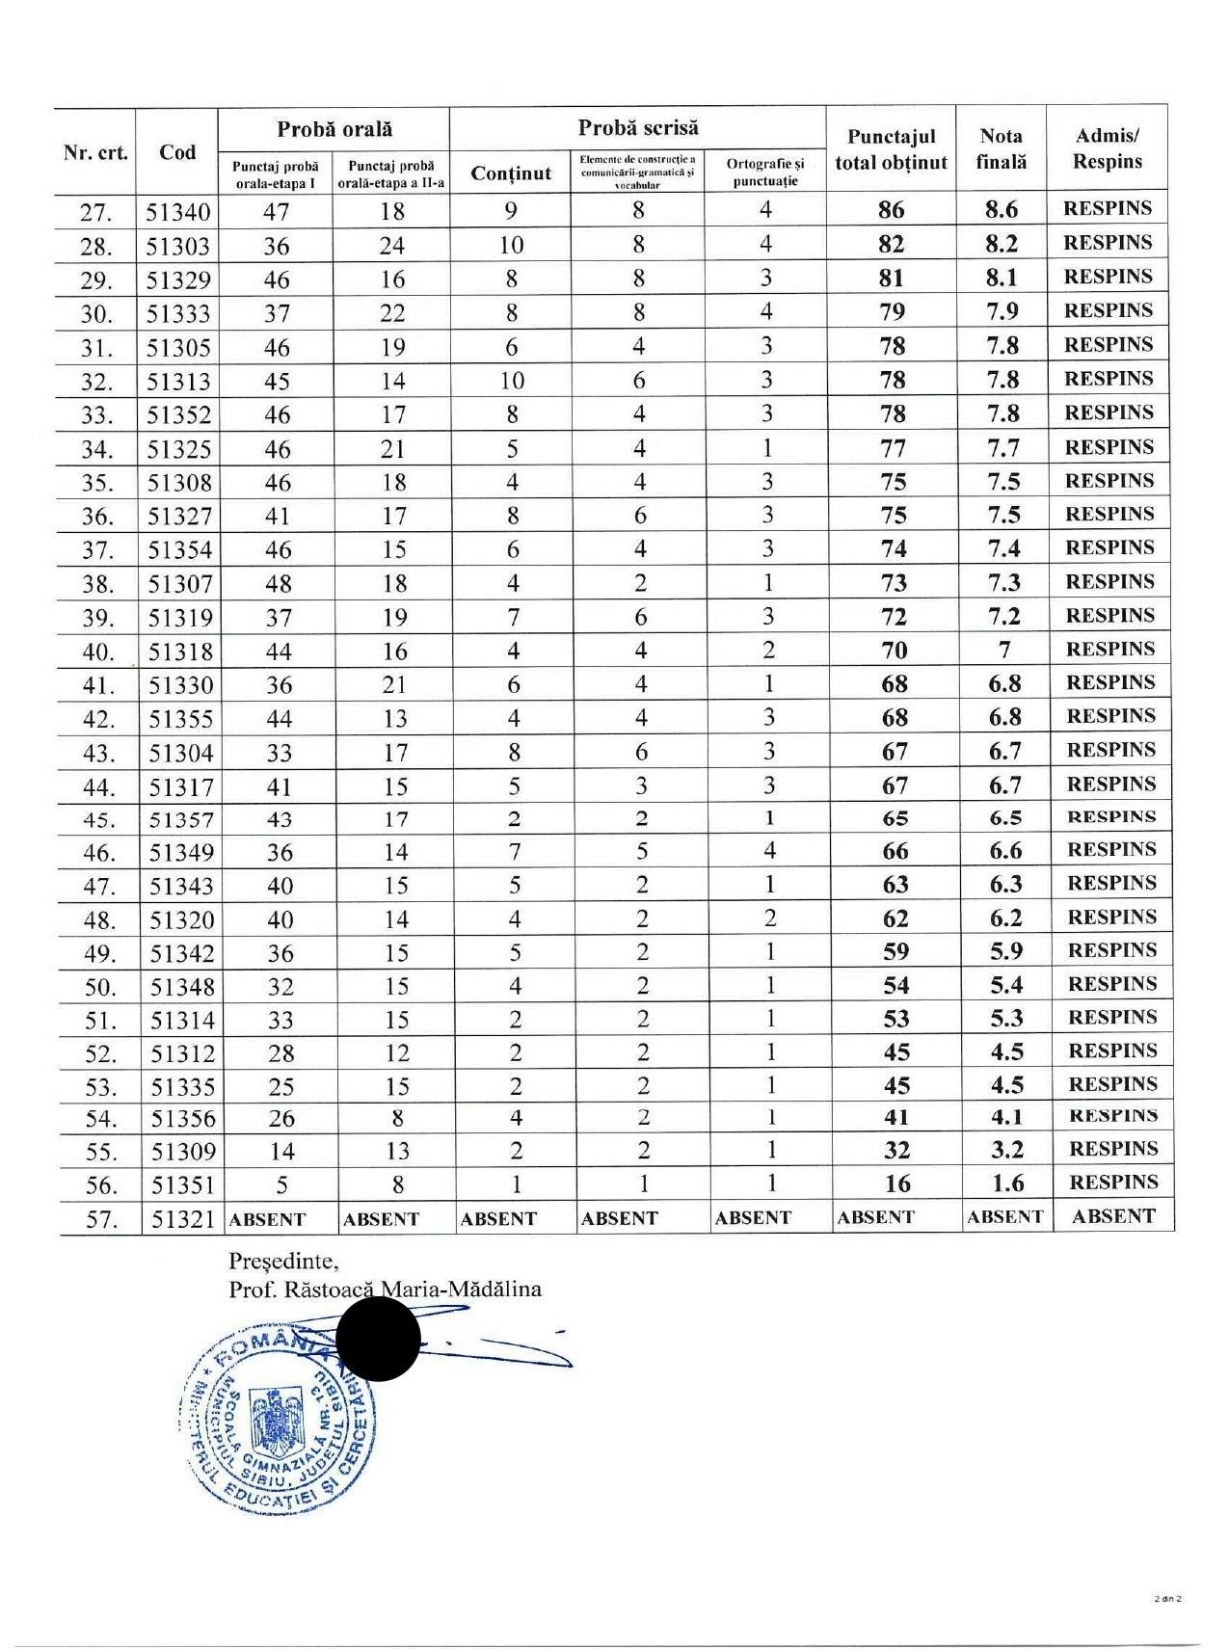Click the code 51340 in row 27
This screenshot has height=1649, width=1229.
pyautogui.click(x=177, y=212)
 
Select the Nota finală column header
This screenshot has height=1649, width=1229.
pyautogui.click(x=1001, y=149)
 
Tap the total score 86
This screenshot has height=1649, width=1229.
pyautogui.click(x=892, y=210)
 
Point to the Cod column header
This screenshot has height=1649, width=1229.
pyautogui.click(x=177, y=152)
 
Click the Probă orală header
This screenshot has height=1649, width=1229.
pyautogui.click(x=334, y=129)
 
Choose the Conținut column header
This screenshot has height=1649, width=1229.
pyautogui.click(x=511, y=173)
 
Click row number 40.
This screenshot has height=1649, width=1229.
pyautogui.click(x=97, y=652)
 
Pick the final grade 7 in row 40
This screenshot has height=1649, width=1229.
pyautogui.click(x=1004, y=650)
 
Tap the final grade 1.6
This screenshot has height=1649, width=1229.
pyautogui.click(x=1007, y=1184)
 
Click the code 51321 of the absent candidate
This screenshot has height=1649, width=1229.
pyautogui.click(x=183, y=1219)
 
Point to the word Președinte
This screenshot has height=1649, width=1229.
pyautogui.click(x=282, y=1261)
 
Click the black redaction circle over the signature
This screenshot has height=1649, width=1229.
pyautogui.click(x=378, y=1340)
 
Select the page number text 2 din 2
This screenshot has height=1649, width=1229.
pyautogui.click(x=1167, y=1599)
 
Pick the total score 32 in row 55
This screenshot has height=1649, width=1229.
pyautogui.click(x=897, y=1151)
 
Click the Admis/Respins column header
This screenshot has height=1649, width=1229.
pyautogui.click(x=1107, y=148)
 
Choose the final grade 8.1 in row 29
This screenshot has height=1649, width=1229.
pyautogui.click(x=1002, y=279)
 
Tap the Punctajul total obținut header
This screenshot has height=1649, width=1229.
pyautogui.click(x=891, y=149)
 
